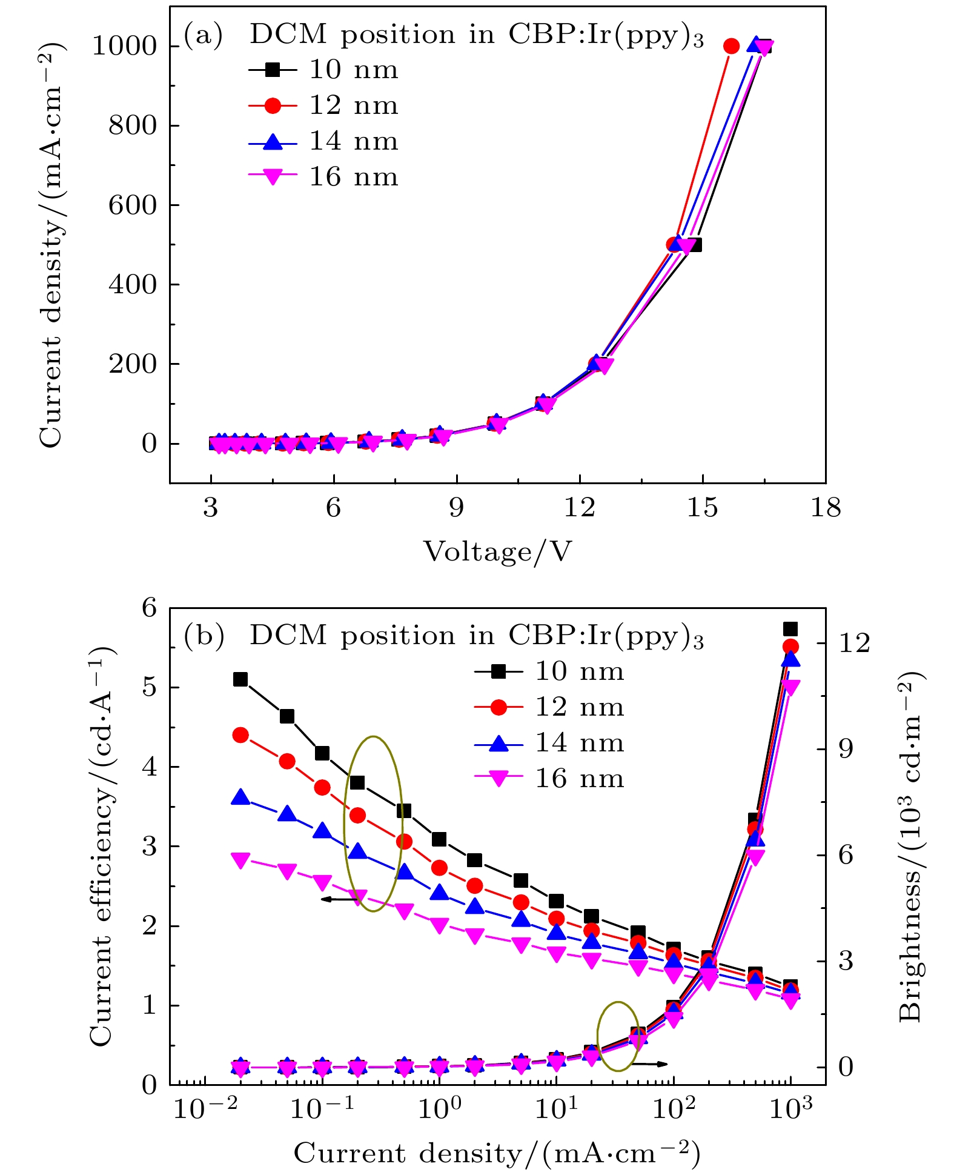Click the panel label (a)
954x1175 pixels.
(x=203, y=35)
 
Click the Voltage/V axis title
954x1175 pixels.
(x=497, y=552)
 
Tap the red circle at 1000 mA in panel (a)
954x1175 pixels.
(x=731, y=46)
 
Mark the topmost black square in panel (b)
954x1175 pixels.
(x=790, y=629)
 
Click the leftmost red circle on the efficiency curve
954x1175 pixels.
(x=240, y=736)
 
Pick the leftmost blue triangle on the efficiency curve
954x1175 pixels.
(x=240, y=797)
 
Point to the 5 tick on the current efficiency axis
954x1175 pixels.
(x=150, y=688)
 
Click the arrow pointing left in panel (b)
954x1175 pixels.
(x=339, y=899)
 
